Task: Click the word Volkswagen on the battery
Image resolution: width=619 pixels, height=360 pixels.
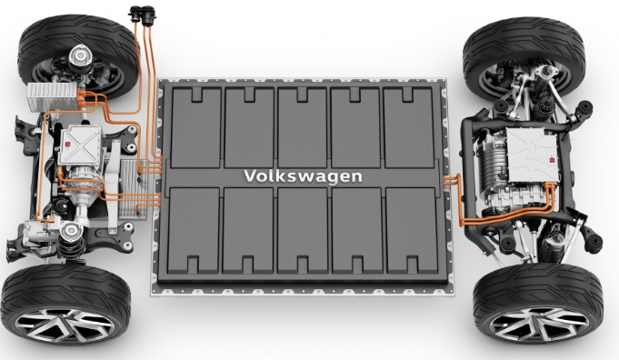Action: pos(303,176)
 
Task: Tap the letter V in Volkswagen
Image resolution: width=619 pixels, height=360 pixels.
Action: pos(249,175)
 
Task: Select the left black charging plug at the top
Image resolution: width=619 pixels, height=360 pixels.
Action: pos(135,13)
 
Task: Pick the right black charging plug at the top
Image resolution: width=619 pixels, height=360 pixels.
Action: pos(148,15)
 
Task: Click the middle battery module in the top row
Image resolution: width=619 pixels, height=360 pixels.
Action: pos(303,128)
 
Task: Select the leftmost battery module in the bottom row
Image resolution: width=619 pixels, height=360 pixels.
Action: pos(194,231)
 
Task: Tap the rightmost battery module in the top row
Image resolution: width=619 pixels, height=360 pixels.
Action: pos(409,128)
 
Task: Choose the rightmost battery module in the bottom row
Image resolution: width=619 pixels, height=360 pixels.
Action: pos(412,231)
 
